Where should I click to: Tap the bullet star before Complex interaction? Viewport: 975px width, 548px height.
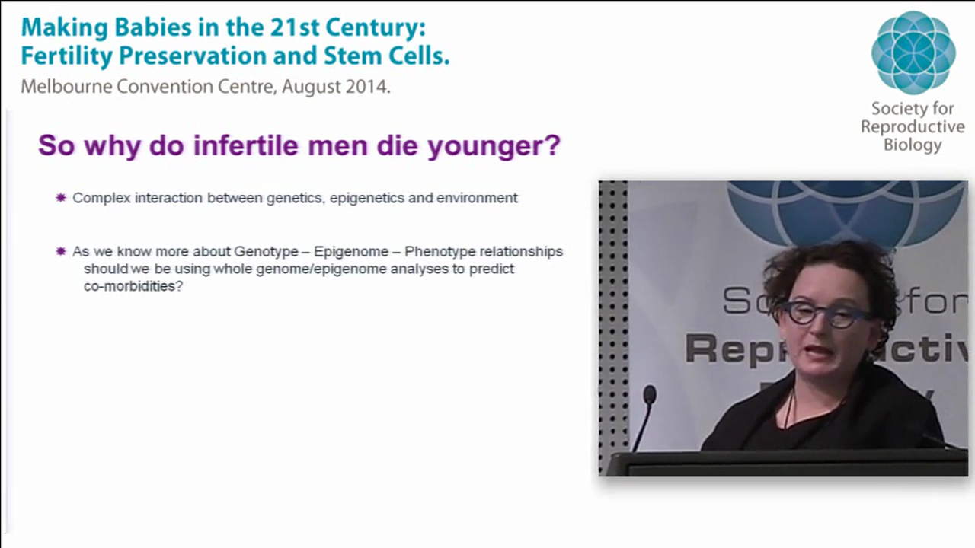61,198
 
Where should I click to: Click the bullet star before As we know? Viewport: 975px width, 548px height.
61,251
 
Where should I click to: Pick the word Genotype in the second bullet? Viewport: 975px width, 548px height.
266,251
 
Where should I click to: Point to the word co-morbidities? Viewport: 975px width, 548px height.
133,288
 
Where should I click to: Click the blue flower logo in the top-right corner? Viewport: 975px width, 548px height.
913,52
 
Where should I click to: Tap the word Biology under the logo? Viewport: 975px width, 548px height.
912,145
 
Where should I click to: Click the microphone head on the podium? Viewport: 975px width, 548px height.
650,394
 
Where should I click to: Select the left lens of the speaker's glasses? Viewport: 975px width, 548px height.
801,313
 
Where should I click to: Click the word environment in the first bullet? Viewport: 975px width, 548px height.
477,198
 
